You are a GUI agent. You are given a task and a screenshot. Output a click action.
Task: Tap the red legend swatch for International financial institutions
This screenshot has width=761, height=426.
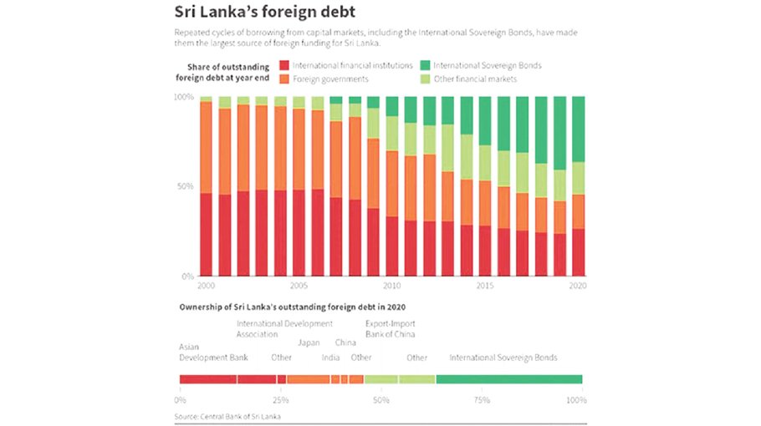pyautogui.click(x=284, y=65)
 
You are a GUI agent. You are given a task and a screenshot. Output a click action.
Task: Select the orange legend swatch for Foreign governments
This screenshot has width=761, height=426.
pyautogui.click(x=284, y=79)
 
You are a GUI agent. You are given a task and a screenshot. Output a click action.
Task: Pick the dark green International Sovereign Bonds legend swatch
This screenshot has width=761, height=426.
pyautogui.click(x=424, y=65)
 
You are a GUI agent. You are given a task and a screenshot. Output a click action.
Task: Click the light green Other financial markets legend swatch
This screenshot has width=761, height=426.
pyautogui.click(x=424, y=79)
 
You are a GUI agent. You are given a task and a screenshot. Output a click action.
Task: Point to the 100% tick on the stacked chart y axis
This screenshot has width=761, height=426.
pyautogui.click(x=183, y=98)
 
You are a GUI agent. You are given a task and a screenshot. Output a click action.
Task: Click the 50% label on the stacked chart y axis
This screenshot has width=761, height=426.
pyautogui.click(x=185, y=186)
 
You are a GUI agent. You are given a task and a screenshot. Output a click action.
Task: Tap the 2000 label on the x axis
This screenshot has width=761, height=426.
pyautogui.click(x=206, y=285)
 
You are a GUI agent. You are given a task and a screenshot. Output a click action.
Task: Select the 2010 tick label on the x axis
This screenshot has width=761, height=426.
pyautogui.click(x=392, y=285)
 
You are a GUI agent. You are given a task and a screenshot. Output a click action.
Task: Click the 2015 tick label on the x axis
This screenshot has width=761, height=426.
pyautogui.click(x=485, y=285)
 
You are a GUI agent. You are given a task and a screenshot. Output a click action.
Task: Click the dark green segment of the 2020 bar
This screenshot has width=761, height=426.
pyautogui.click(x=578, y=129)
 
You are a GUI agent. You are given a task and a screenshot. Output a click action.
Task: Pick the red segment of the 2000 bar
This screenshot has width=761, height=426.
pyautogui.click(x=206, y=234)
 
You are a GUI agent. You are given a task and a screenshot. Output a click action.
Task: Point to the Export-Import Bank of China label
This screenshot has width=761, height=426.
pyautogui.click(x=390, y=328)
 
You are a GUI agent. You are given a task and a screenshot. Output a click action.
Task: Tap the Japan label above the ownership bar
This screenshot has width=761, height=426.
pyautogui.click(x=309, y=342)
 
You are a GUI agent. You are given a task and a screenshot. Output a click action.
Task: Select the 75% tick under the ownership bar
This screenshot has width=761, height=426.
pyautogui.click(x=482, y=400)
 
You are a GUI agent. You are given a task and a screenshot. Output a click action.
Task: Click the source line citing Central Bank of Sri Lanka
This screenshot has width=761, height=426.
pyautogui.click(x=227, y=415)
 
